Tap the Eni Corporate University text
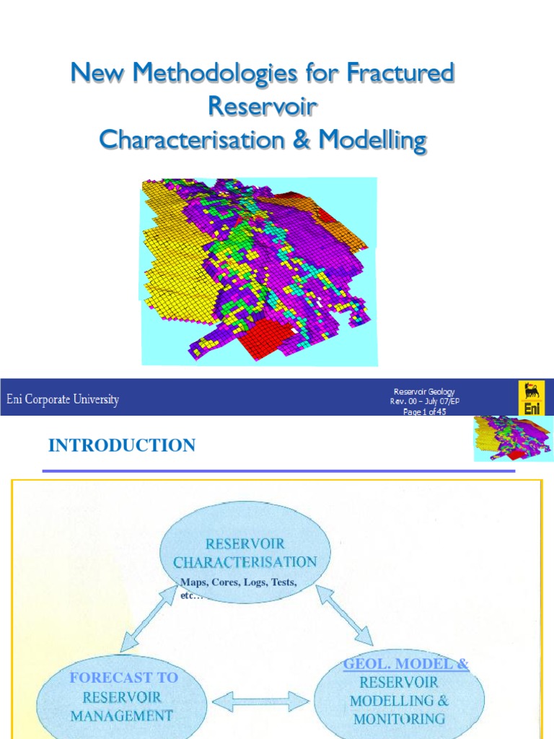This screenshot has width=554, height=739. (x=63, y=399)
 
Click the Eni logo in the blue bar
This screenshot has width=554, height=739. (x=531, y=398)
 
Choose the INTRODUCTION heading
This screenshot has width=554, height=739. (x=121, y=445)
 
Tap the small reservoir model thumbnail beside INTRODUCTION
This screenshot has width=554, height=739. (x=513, y=438)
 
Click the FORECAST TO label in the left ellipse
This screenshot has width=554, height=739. (x=123, y=678)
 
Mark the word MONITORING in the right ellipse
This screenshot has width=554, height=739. (x=399, y=718)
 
